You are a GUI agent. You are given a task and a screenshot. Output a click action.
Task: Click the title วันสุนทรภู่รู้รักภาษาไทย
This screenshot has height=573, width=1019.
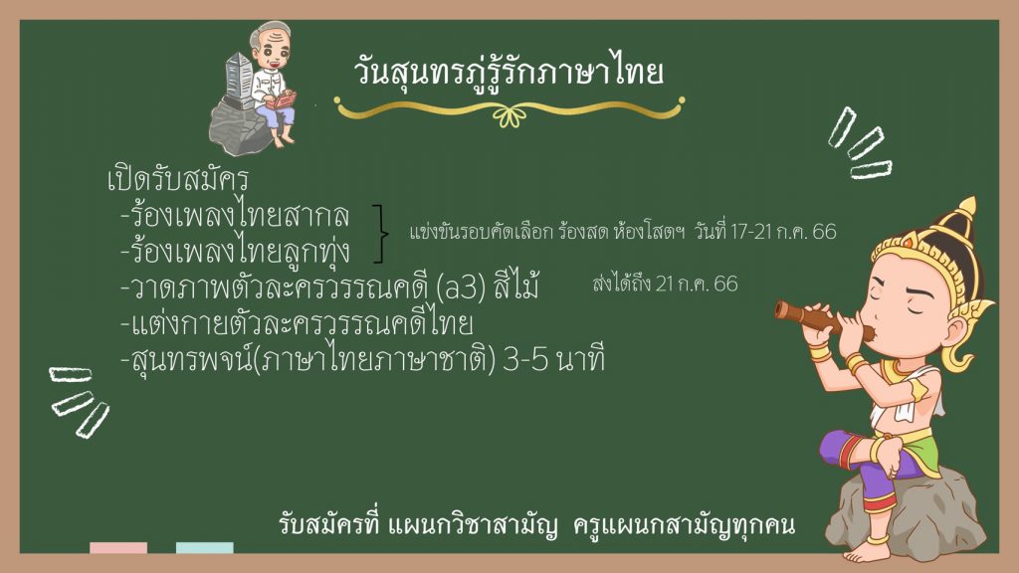click(509, 71)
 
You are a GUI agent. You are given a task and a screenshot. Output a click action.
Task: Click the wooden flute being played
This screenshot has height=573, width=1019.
click(823, 320)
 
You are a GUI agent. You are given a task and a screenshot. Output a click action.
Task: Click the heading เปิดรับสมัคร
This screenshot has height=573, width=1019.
click(178, 180)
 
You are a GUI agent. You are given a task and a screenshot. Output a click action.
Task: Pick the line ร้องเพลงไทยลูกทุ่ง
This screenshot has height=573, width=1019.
click(236, 251)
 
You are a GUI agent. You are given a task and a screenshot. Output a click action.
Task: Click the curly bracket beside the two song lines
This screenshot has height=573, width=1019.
click(380, 233)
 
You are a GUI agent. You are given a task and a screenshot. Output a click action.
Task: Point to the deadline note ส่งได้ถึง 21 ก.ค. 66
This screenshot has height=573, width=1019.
click(666, 284)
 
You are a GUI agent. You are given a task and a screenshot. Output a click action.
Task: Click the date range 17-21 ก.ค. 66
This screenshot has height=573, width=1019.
click(783, 231)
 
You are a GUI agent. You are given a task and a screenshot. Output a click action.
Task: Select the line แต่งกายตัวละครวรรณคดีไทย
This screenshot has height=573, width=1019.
click(297, 323)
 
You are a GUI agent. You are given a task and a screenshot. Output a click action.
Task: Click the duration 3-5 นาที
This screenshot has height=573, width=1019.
click(554, 360)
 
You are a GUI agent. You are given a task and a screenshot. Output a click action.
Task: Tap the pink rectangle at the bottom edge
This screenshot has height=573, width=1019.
click(118, 548)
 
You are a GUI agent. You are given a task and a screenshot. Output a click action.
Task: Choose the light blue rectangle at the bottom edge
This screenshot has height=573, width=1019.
click(205, 548)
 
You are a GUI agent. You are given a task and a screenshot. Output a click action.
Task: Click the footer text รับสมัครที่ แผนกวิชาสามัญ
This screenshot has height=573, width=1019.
click(418, 525)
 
